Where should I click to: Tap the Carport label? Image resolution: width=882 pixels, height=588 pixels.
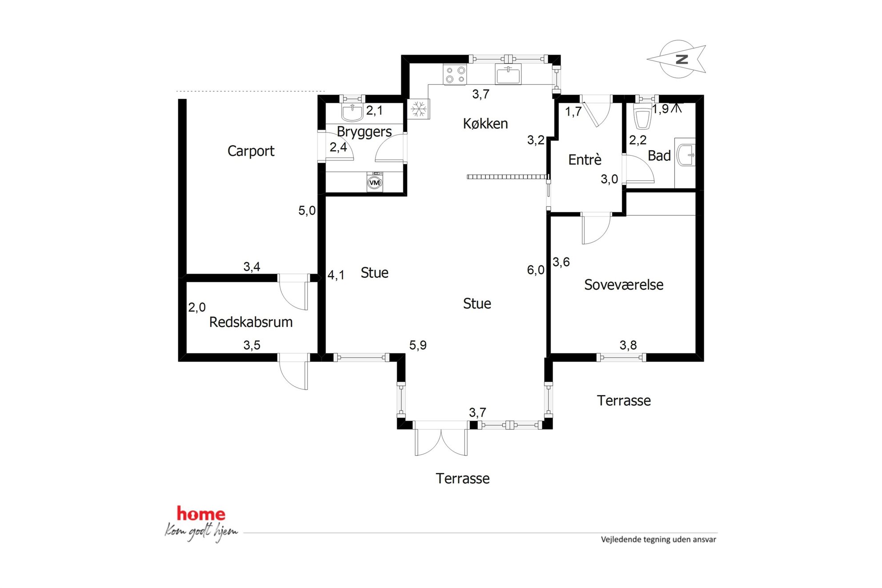(x=251, y=151)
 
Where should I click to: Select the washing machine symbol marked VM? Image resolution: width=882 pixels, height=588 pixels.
(x=375, y=182)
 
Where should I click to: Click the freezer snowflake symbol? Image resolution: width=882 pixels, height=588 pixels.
(x=418, y=109)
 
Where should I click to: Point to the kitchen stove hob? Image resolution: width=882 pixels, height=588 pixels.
(x=455, y=75)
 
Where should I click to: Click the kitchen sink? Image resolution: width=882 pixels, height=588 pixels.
(x=508, y=74)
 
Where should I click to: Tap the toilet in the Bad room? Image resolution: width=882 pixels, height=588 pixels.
(x=642, y=116)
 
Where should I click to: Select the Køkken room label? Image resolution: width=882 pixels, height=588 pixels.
(x=485, y=124)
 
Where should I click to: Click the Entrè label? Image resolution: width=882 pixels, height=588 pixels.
(x=585, y=160)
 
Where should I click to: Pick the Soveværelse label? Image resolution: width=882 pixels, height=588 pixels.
(x=624, y=285)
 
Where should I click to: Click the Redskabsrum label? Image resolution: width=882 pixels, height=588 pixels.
(x=251, y=322)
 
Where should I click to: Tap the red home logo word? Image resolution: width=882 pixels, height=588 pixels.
(x=201, y=514)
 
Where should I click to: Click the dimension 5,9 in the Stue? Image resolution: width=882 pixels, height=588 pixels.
(x=418, y=345)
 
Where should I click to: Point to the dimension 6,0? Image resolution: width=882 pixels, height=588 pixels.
(x=536, y=270)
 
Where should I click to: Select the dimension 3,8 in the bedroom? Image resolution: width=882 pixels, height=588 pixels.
(x=628, y=345)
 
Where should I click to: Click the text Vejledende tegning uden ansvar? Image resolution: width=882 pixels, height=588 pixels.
(x=658, y=540)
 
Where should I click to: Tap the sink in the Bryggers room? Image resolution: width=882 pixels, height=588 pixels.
(x=352, y=113)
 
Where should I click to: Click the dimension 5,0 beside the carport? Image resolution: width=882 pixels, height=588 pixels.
(x=307, y=211)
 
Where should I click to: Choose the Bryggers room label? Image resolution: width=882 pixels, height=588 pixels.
(x=364, y=132)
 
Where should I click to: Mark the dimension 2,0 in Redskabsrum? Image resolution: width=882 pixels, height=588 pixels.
(x=197, y=307)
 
